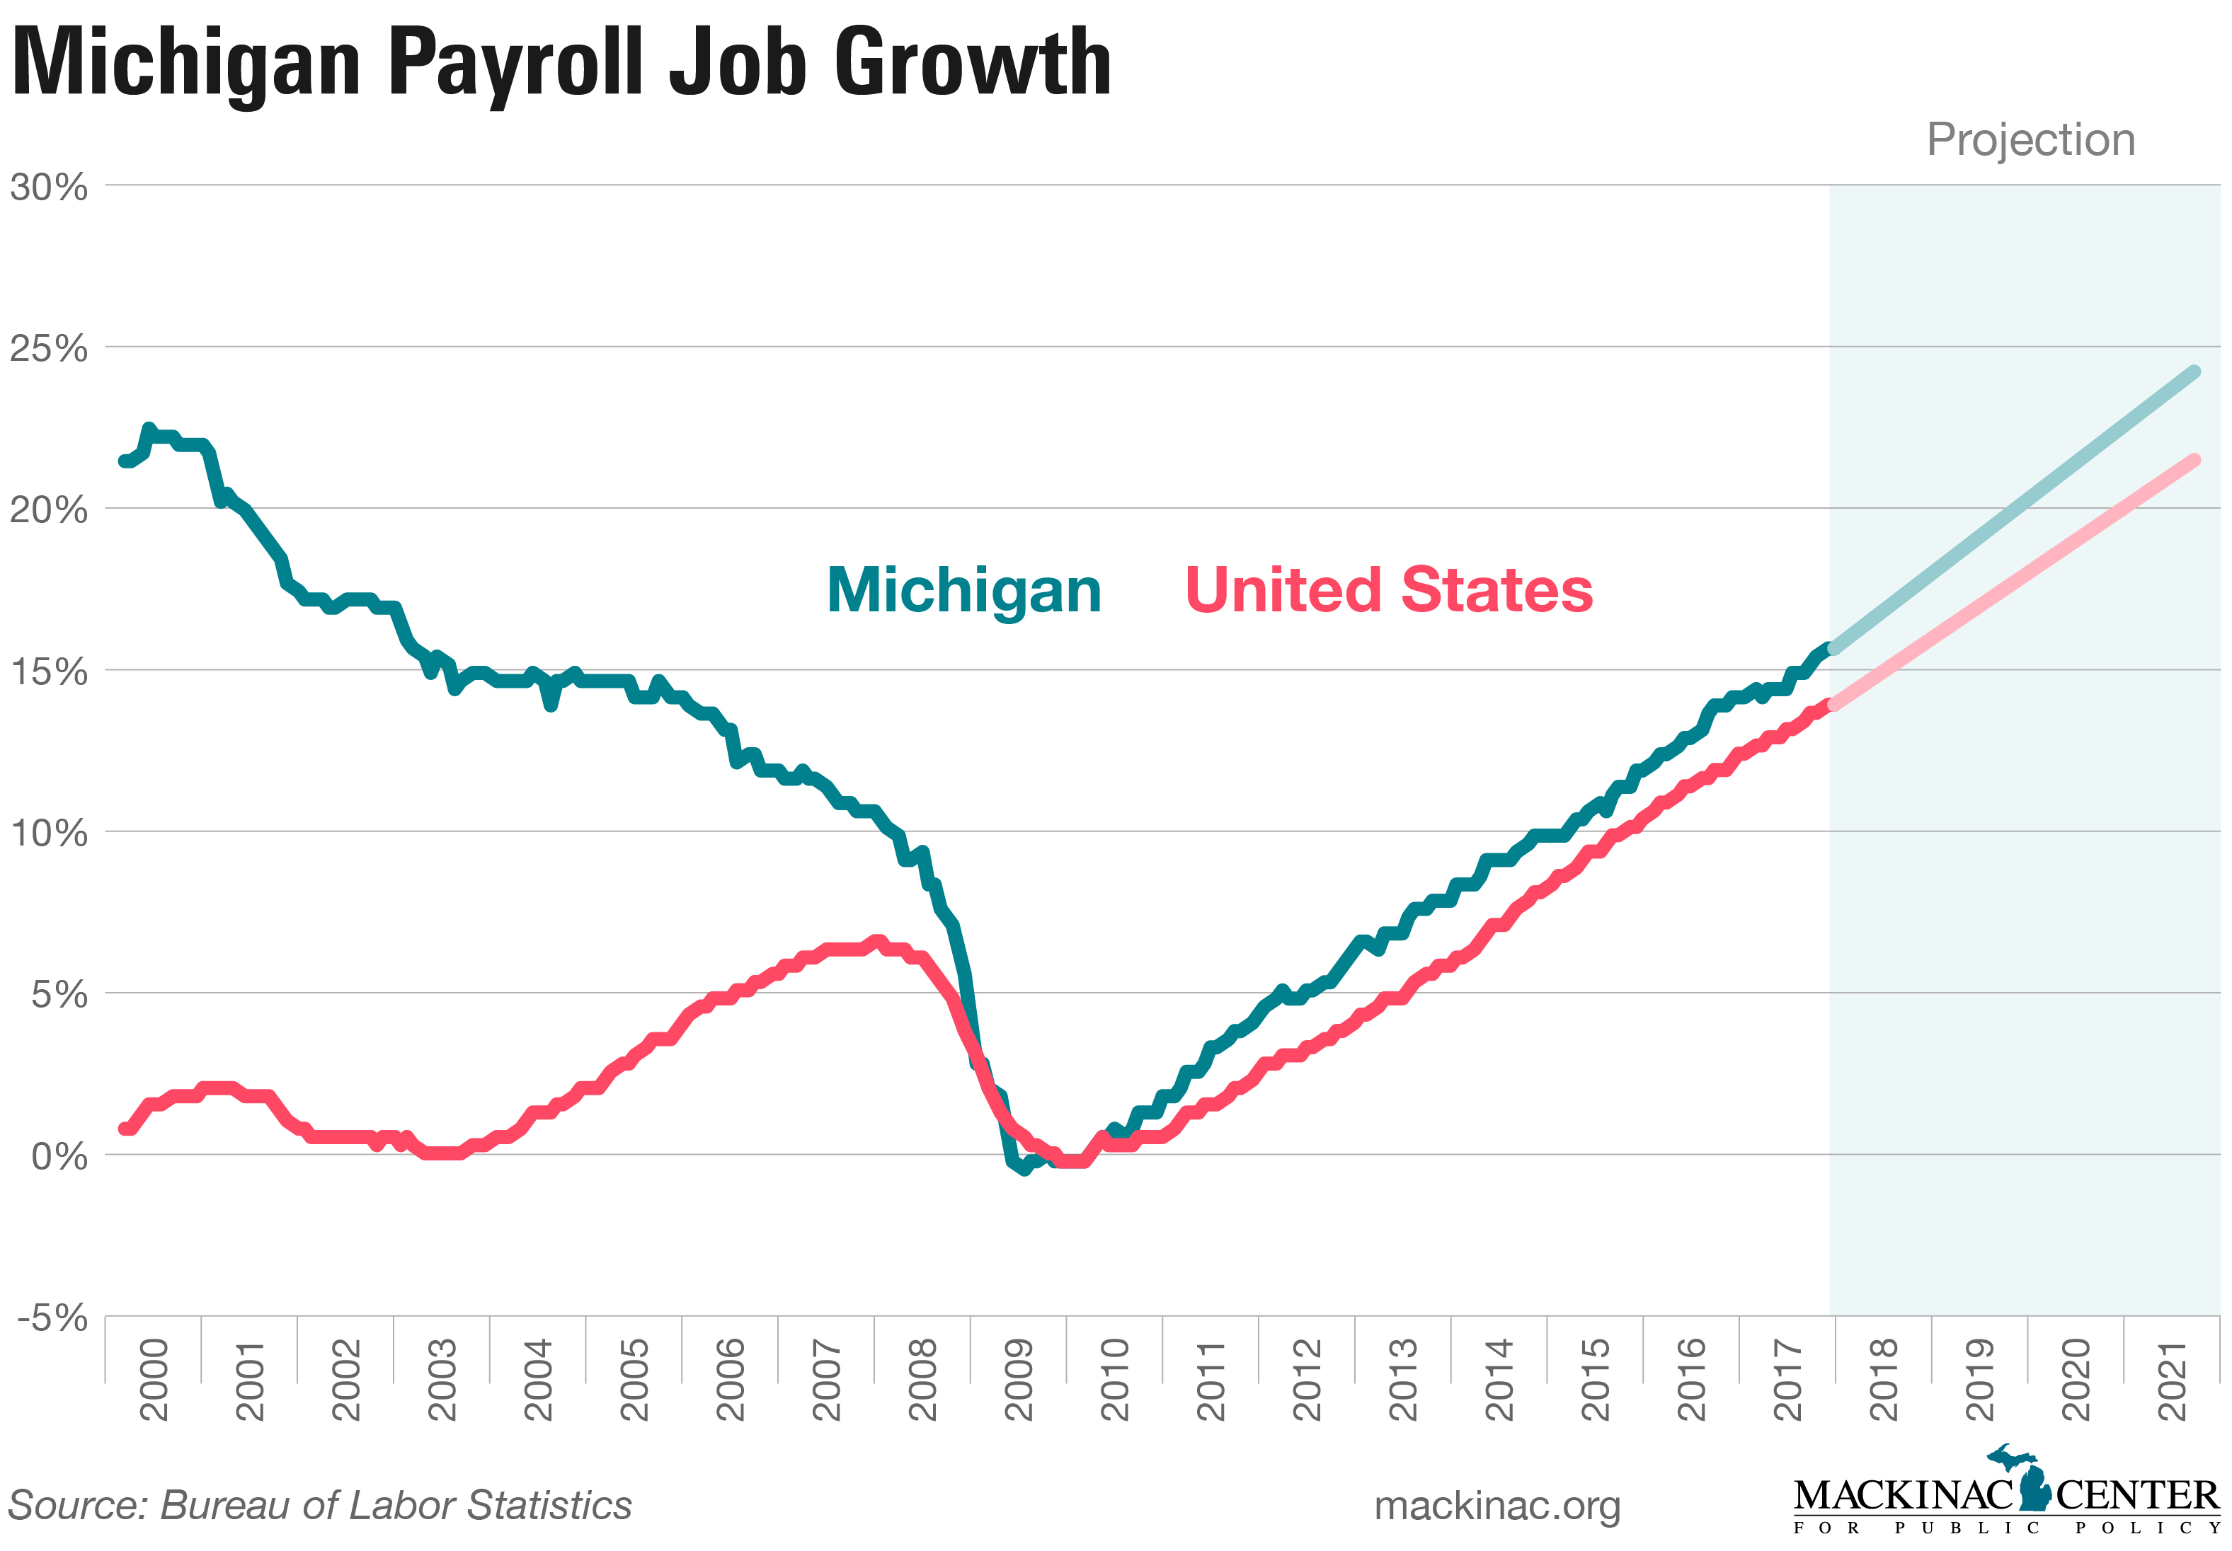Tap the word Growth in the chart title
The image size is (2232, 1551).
click(x=972, y=62)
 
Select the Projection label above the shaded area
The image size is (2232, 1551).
click(x=2030, y=140)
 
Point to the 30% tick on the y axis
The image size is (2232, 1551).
click(x=49, y=187)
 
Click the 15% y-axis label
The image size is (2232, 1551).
click(x=49, y=671)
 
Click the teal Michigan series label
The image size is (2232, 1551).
click(x=963, y=590)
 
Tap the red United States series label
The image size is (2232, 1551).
click(x=1388, y=590)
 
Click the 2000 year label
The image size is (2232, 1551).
click(x=154, y=1379)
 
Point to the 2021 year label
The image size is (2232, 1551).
click(x=2173, y=1379)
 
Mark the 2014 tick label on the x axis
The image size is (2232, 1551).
click(x=1499, y=1379)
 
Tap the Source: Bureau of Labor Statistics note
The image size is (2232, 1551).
click(x=320, y=1504)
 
